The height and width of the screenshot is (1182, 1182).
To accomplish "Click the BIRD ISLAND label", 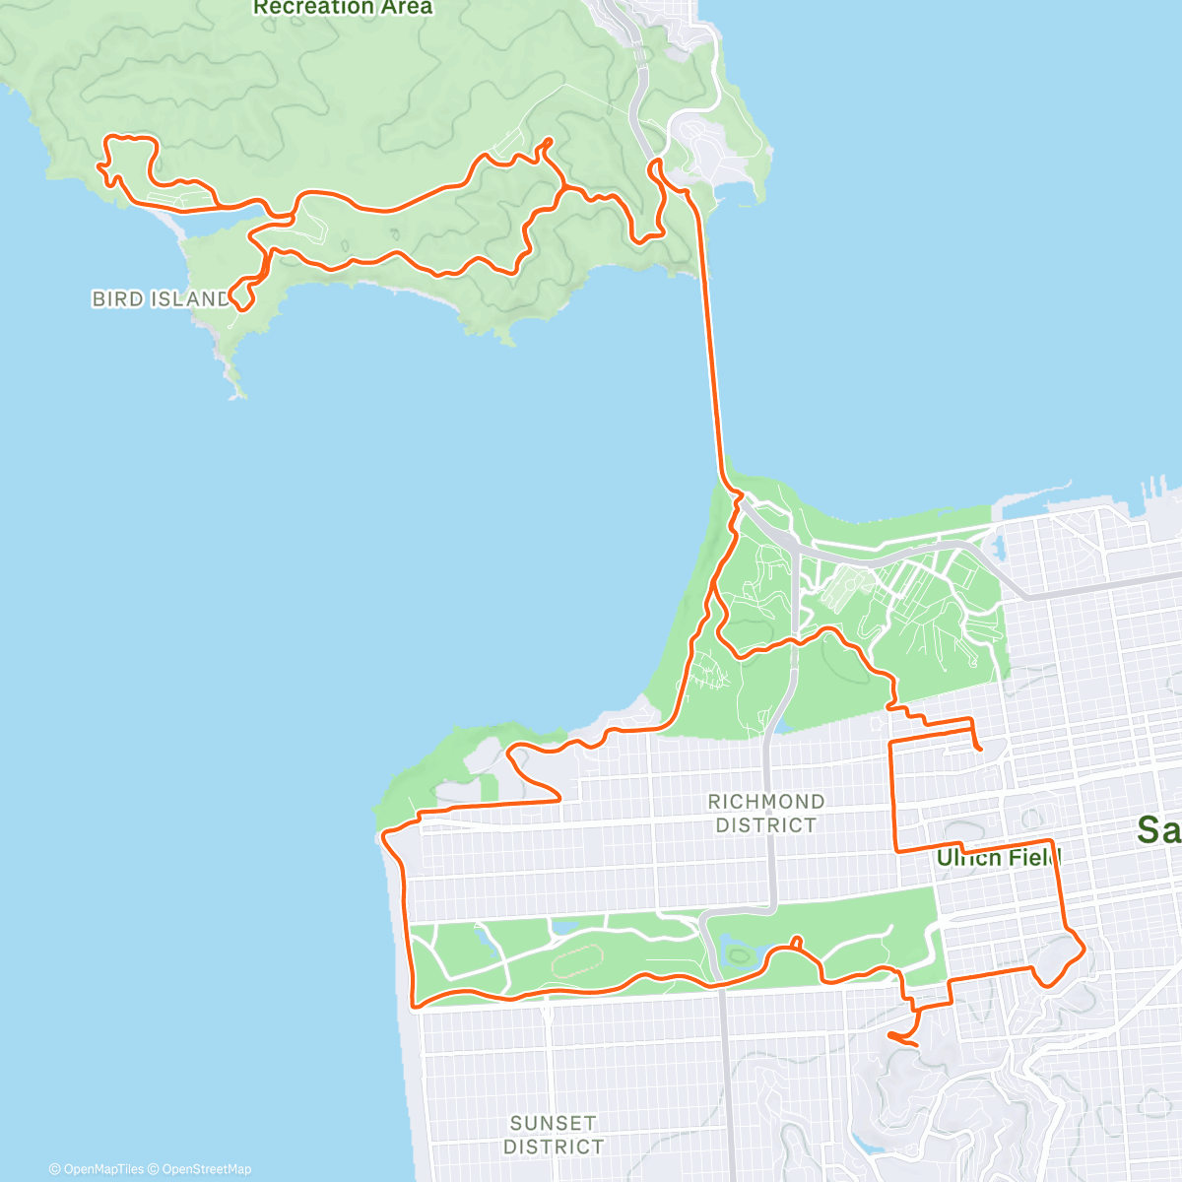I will [161, 298].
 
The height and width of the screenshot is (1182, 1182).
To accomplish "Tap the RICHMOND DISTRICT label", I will [766, 814].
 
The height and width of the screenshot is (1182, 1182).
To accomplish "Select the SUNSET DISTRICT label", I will [554, 1135].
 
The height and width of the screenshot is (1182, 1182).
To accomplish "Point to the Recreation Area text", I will [343, 8].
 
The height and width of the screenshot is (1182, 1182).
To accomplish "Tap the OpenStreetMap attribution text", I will [206, 1169].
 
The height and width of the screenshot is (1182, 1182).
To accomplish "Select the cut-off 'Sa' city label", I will [1158, 829].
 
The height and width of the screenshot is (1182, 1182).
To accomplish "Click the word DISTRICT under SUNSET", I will [554, 1147].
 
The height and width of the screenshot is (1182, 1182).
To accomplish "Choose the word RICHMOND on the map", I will [766, 802].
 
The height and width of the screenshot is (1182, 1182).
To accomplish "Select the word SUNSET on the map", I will [554, 1123].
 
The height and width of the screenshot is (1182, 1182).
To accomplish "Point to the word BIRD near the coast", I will [115, 298].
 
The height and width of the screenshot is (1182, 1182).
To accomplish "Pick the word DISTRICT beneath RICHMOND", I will [766, 825].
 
